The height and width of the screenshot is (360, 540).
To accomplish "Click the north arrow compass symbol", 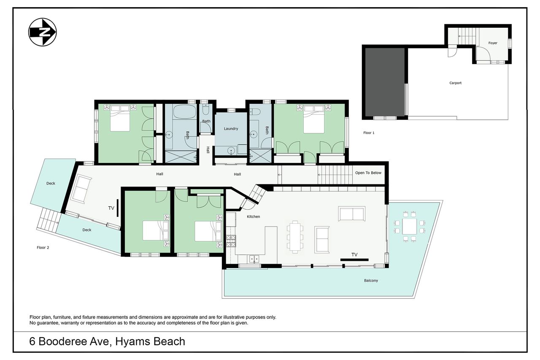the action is (43, 32).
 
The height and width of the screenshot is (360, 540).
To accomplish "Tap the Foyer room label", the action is (493, 43).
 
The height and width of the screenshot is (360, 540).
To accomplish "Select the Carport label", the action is (455, 83).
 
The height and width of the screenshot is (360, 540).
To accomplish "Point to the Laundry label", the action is (231, 129).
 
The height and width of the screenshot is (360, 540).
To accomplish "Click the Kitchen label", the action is (254, 217).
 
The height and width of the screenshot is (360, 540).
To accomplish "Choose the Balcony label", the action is (371, 280).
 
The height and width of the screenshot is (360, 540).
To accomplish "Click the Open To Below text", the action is (368, 173).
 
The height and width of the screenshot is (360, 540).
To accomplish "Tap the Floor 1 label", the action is (369, 133).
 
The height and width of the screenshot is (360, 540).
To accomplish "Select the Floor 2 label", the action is (43, 247).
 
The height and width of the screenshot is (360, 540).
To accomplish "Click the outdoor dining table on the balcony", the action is (410, 226).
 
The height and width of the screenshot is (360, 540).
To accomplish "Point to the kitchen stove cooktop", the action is (231, 241).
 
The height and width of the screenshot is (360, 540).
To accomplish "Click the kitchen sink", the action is (254, 259).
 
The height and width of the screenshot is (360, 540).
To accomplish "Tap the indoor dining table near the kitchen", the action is (295, 236).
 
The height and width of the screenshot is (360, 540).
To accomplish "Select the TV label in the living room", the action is (354, 254).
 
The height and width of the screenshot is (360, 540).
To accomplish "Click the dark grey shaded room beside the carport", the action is (385, 82).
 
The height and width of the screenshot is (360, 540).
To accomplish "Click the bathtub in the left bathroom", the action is (185, 111).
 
